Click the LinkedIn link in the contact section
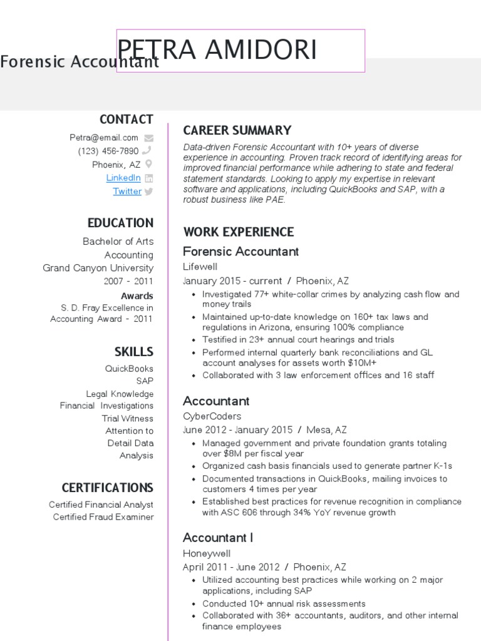coord(123,178)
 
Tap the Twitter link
coord(127,192)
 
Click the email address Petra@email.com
coord(104,138)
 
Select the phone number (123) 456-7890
coord(108,151)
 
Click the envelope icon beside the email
coord(148,138)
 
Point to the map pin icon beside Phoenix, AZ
coord(148,165)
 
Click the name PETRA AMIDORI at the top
coord(217,50)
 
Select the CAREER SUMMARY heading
coord(237,130)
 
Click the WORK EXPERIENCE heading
coord(238,232)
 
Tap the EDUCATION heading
coord(120,223)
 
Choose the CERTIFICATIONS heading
coord(107,488)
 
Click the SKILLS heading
coord(133,352)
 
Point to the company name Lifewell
coord(200,267)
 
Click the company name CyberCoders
coord(212,416)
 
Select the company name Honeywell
coord(207,553)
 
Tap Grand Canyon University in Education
coord(98,268)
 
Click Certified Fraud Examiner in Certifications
coord(103,517)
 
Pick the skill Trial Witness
coord(128,418)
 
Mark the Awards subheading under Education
coord(137,295)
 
